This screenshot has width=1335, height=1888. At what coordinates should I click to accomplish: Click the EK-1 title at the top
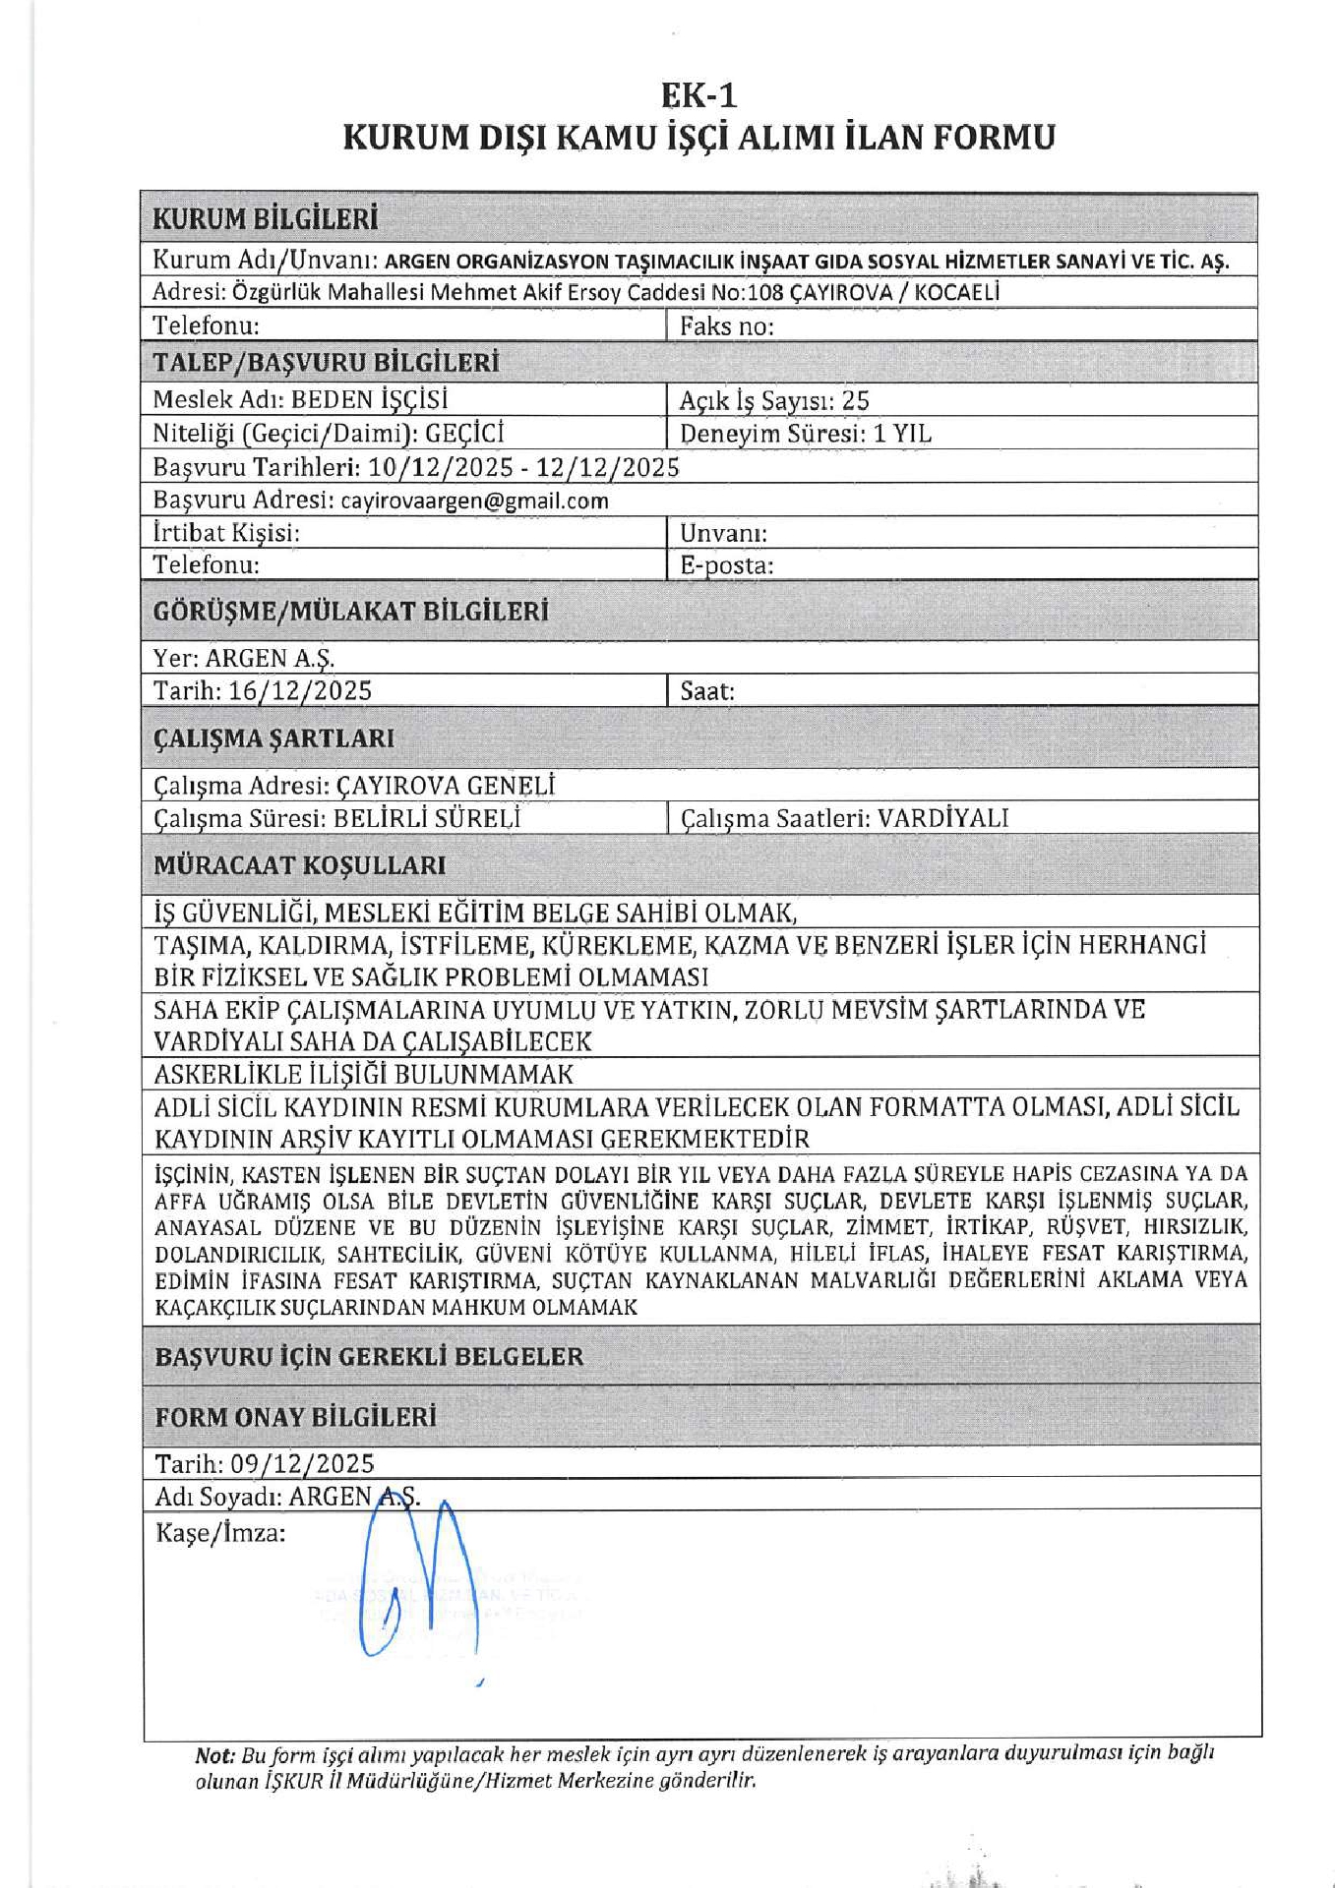tap(698, 95)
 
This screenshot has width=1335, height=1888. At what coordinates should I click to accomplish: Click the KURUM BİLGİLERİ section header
tap(266, 218)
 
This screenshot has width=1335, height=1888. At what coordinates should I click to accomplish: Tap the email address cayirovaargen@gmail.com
tap(474, 501)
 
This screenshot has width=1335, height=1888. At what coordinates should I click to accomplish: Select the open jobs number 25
tap(855, 400)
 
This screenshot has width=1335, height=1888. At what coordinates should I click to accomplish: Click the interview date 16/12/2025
tap(300, 690)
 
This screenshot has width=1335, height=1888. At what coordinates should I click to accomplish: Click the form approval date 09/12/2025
tap(302, 1463)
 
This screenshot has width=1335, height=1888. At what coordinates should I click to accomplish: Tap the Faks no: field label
tap(726, 325)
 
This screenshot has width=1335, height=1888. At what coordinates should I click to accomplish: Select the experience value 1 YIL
tap(902, 434)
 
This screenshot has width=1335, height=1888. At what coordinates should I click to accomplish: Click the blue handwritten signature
tap(418, 1583)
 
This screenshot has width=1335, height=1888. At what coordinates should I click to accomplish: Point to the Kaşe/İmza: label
tap(220, 1532)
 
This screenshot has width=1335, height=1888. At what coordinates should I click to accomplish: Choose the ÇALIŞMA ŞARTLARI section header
tap(273, 738)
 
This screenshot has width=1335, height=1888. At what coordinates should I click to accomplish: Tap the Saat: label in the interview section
tap(707, 690)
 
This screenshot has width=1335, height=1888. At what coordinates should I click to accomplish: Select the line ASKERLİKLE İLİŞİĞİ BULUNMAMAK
tap(363, 1074)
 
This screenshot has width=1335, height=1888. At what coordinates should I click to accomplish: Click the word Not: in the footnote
tap(214, 1755)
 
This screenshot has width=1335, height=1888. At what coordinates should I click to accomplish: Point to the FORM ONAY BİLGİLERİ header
tap(295, 1417)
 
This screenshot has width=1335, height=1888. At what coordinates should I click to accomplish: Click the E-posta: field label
tap(726, 565)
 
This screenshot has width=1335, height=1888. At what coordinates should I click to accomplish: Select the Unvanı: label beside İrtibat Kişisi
tap(723, 533)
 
